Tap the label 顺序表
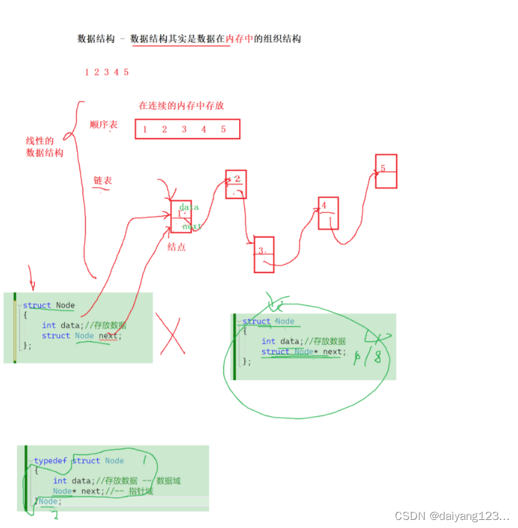click(103, 125)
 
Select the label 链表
click(103, 181)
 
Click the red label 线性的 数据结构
click(44, 147)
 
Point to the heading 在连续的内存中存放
click(181, 106)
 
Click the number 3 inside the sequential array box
click(184, 129)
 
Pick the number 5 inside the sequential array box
click(223, 129)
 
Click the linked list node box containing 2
click(236, 184)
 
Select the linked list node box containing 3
click(264, 254)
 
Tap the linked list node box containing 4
click(328, 213)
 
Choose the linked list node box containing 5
click(386, 171)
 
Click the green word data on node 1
click(189, 206)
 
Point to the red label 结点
click(176, 247)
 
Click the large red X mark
click(171, 334)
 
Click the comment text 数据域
click(168, 481)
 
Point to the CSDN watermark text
click(451, 516)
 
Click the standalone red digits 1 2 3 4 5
click(106, 72)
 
